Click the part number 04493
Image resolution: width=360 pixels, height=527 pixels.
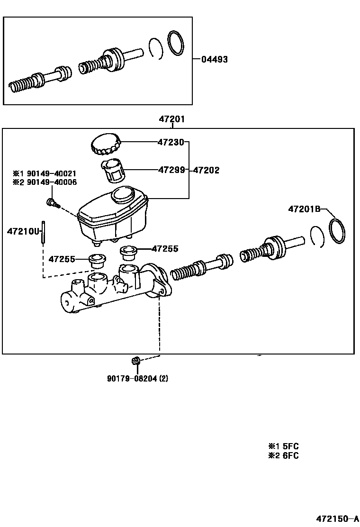coord(214,60)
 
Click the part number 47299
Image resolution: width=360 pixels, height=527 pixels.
coord(171,170)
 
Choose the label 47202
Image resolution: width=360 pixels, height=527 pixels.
coord(206,170)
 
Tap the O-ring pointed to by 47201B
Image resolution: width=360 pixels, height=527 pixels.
coord(337,231)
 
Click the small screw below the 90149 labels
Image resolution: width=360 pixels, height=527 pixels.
coord(52,203)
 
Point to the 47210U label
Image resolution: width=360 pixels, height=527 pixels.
coord(22,232)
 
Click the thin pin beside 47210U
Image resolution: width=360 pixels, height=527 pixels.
coord(43,232)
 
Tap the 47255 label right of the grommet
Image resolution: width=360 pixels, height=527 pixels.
coord(165,248)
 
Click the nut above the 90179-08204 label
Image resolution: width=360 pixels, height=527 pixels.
coord(135,362)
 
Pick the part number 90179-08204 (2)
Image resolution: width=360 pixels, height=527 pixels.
coord(137,378)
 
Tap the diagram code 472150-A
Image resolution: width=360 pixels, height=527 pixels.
coord(338,518)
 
